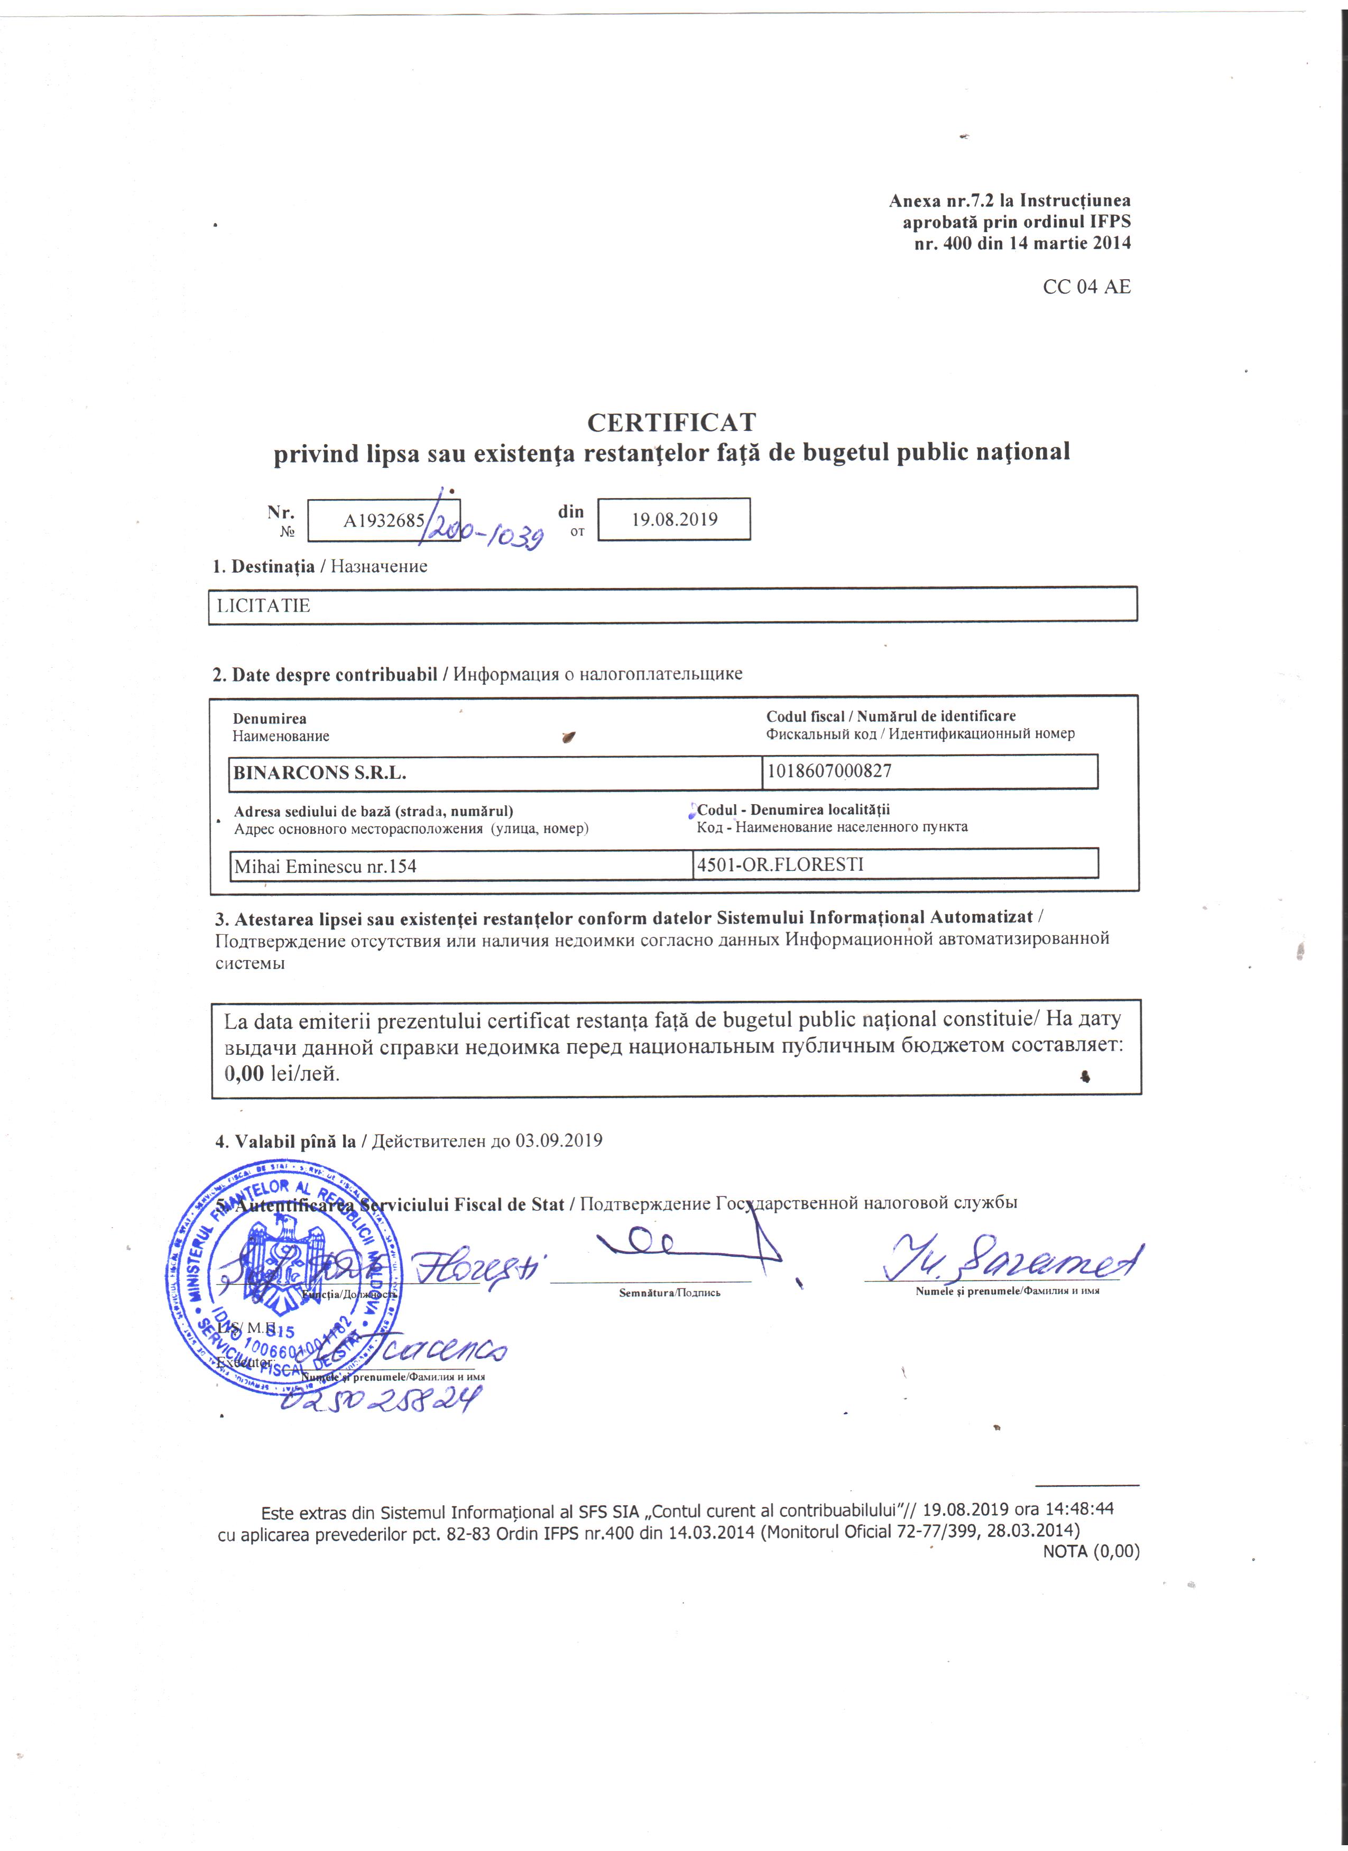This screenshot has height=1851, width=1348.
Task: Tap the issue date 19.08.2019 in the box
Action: tap(674, 520)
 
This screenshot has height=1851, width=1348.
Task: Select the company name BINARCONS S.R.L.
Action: tap(320, 773)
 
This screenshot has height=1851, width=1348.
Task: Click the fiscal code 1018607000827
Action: tap(829, 770)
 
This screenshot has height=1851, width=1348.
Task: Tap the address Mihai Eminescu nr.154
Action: tap(325, 866)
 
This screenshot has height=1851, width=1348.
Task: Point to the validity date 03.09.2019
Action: tap(558, 1140)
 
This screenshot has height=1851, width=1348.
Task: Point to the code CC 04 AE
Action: tap(1086, 287)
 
